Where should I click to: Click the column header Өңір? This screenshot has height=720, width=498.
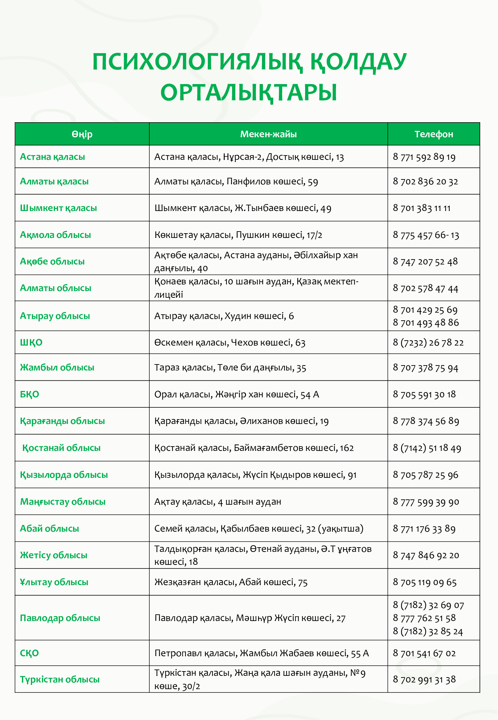point(82,134)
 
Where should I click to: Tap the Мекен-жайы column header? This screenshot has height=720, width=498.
point(268,134)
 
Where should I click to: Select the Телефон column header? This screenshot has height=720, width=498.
point(434,134)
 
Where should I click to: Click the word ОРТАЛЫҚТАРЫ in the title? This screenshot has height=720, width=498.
point(249,92)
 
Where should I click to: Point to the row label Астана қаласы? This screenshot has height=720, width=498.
point(52,157)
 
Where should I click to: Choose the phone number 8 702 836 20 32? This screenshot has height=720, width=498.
point(425,181)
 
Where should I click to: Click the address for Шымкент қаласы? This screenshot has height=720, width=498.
point(243,208)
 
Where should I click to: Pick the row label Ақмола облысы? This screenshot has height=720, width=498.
point(55,235)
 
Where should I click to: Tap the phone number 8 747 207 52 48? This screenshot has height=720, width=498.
point(425,261)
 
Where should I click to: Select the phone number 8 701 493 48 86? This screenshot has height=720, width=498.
point(426,323)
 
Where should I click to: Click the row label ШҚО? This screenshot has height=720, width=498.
point(31,343)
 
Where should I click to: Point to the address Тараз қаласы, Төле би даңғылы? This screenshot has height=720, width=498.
point(230,368)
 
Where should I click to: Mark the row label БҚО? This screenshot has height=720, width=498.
point(30,394)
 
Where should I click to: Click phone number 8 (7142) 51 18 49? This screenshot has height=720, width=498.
point(427,448)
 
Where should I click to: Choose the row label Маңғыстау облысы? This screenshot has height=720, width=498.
point(63,502)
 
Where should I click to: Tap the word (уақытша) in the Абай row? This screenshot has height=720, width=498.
point(341,529)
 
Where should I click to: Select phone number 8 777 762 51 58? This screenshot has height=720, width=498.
point(424,618)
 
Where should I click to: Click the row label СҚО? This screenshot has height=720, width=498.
point(29,653)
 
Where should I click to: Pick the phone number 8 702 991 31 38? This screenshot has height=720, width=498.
point(424,679)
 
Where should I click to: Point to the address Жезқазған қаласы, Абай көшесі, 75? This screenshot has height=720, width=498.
point(231,582)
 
